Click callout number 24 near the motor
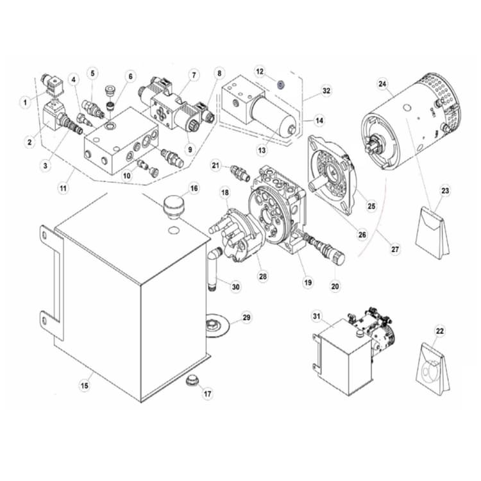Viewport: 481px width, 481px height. [382, 83]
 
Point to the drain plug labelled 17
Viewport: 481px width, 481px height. [190, 382]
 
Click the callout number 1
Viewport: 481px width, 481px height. [25, 101]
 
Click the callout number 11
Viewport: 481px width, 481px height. [63, 188]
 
